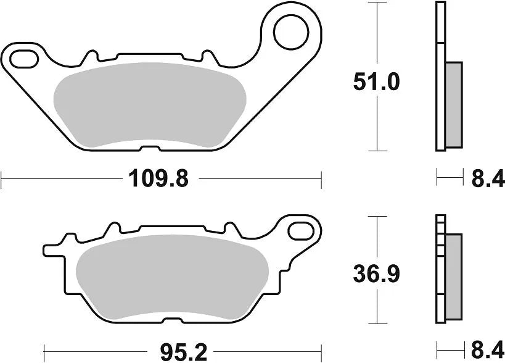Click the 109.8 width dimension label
point(157,180)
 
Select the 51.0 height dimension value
point(376,83)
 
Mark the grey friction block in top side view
point(453,105)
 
